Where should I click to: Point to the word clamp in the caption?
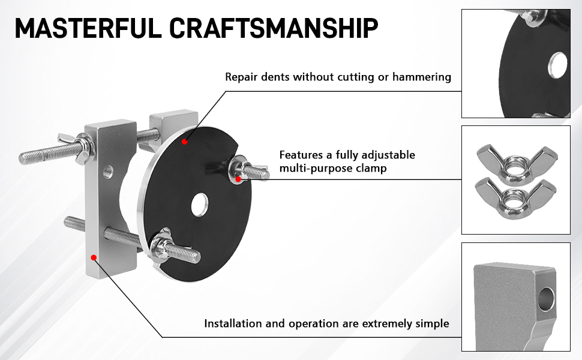pos(371,169)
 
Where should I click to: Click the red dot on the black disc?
pos(185,142)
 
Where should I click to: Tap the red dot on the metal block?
pos(94,257)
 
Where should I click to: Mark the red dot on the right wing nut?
pos(238,179)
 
